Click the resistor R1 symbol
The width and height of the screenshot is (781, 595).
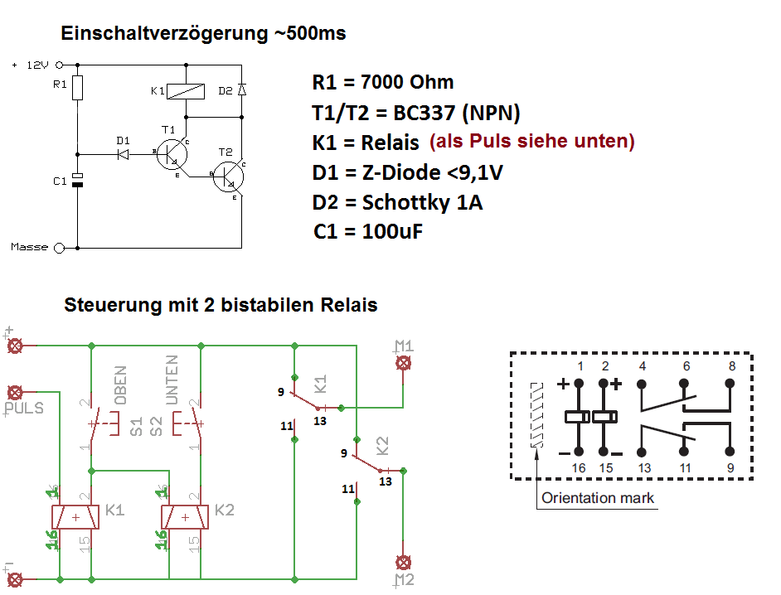click(x=77, y=88)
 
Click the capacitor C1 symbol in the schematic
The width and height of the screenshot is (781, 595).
click(x=77, y=180)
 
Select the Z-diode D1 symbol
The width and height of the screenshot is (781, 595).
click(x=124, y=153)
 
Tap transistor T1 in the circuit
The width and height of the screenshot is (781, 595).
click(x=172, y=154)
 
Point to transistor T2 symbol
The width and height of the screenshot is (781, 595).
click(x=228, y=177)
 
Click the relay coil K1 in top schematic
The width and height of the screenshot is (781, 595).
click(x=187, y=90)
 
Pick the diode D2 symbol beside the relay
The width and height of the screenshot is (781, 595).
click(x=241, y=89)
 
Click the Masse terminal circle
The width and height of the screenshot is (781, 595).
click(x=59, y=247)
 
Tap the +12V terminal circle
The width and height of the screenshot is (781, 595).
click(x=59, y=64)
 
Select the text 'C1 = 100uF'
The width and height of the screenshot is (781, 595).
click(x=368, y=231)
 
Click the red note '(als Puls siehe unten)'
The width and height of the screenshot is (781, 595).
click(x=531, y=141)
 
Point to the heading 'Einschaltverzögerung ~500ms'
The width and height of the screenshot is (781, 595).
click(x=203, y=34)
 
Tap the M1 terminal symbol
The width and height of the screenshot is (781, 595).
click(x=404, y=362)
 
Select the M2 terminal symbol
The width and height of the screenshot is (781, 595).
click(x=404, y=561)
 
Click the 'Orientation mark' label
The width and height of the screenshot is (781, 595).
click(x=597, y=498)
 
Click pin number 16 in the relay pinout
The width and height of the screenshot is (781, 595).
click(x=578, y=468)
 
